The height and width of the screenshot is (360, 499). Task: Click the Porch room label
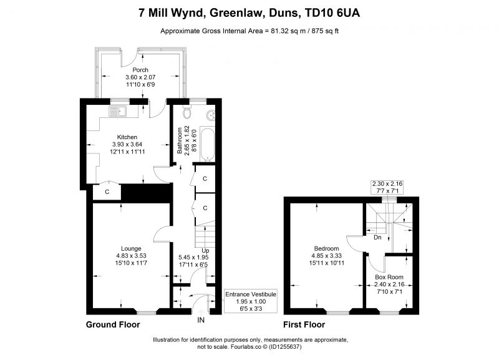(x=140, y=70)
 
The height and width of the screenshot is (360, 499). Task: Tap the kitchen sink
(x=118, y=111)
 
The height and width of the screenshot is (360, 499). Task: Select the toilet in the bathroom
(x=187, y=113)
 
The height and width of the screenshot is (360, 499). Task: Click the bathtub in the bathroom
(x=207, y=144)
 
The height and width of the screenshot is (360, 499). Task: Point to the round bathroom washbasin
(x=210, y=115)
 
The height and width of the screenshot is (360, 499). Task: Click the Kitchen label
(x=127, y=137)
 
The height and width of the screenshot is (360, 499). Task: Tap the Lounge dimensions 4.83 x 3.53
(x=131, y=256)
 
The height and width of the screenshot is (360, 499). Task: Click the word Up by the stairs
(x=205, y=251)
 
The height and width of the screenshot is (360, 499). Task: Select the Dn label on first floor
(x=377, y=238)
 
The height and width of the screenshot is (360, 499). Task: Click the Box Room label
(x=389, y=277)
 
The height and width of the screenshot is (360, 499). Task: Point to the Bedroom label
(x=326, y=248)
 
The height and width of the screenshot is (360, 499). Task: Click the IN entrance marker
(x=201, y=320)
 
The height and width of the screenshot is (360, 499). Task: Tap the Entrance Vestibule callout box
(x=251, y=301)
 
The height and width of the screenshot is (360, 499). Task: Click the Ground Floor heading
(x=113, y=324)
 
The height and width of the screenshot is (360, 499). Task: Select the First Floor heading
(x=304, y=324)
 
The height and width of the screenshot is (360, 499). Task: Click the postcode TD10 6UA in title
(x=332, y=13)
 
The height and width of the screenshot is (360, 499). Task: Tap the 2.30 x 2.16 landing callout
(x=387, y=187)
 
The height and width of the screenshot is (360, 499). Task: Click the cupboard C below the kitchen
(x=107, y=192)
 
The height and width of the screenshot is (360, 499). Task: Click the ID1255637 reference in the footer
(x=285, y=347)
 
